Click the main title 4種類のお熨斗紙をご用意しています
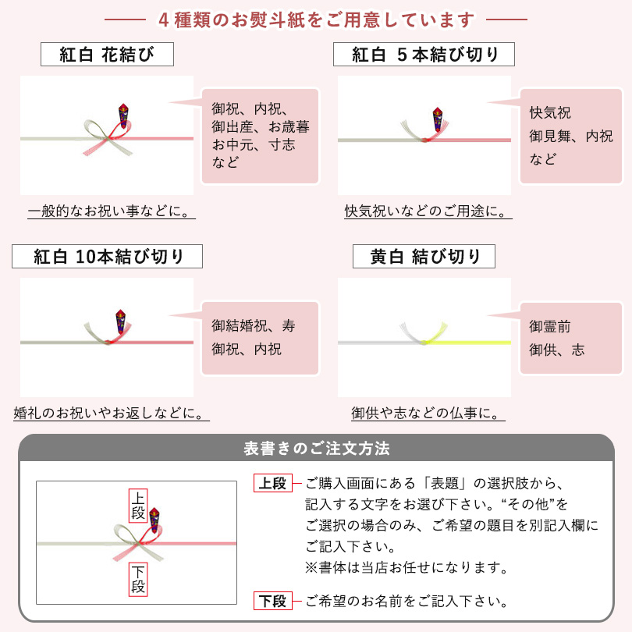pos(316,19)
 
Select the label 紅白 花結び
pos(107,55)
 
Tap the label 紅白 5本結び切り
pos(424,55)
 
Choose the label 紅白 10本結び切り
pos(108,256)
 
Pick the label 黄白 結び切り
pos(424,256)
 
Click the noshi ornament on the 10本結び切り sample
pos(121,320)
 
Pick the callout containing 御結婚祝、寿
pos(260,338)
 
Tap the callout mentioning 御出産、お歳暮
pos(260,136)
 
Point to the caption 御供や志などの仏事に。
pos(425,413)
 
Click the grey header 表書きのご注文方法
pos(316,449)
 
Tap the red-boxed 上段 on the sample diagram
pos(137,505)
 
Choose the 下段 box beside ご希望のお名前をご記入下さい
pos(272,601)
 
